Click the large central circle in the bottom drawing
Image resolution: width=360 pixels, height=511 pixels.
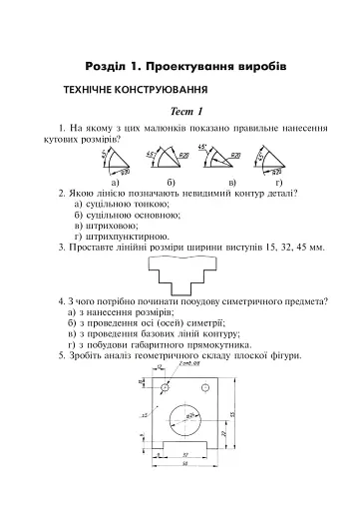pos(184,417)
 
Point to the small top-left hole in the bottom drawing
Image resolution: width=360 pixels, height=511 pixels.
pos(162,387)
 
